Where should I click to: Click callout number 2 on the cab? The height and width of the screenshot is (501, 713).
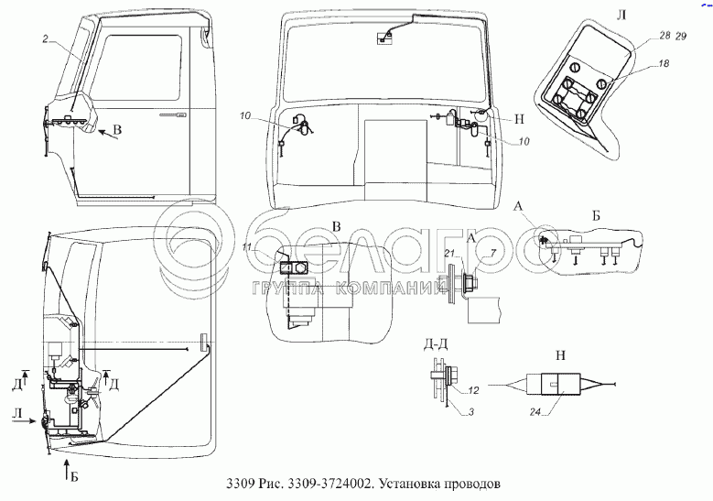click(x=45, y=38)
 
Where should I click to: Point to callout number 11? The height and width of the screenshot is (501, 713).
click(x=247, y=247)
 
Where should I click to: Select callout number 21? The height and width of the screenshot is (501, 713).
click(x=449, y=254)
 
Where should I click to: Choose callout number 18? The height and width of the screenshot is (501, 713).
click(x=662, y=65)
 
